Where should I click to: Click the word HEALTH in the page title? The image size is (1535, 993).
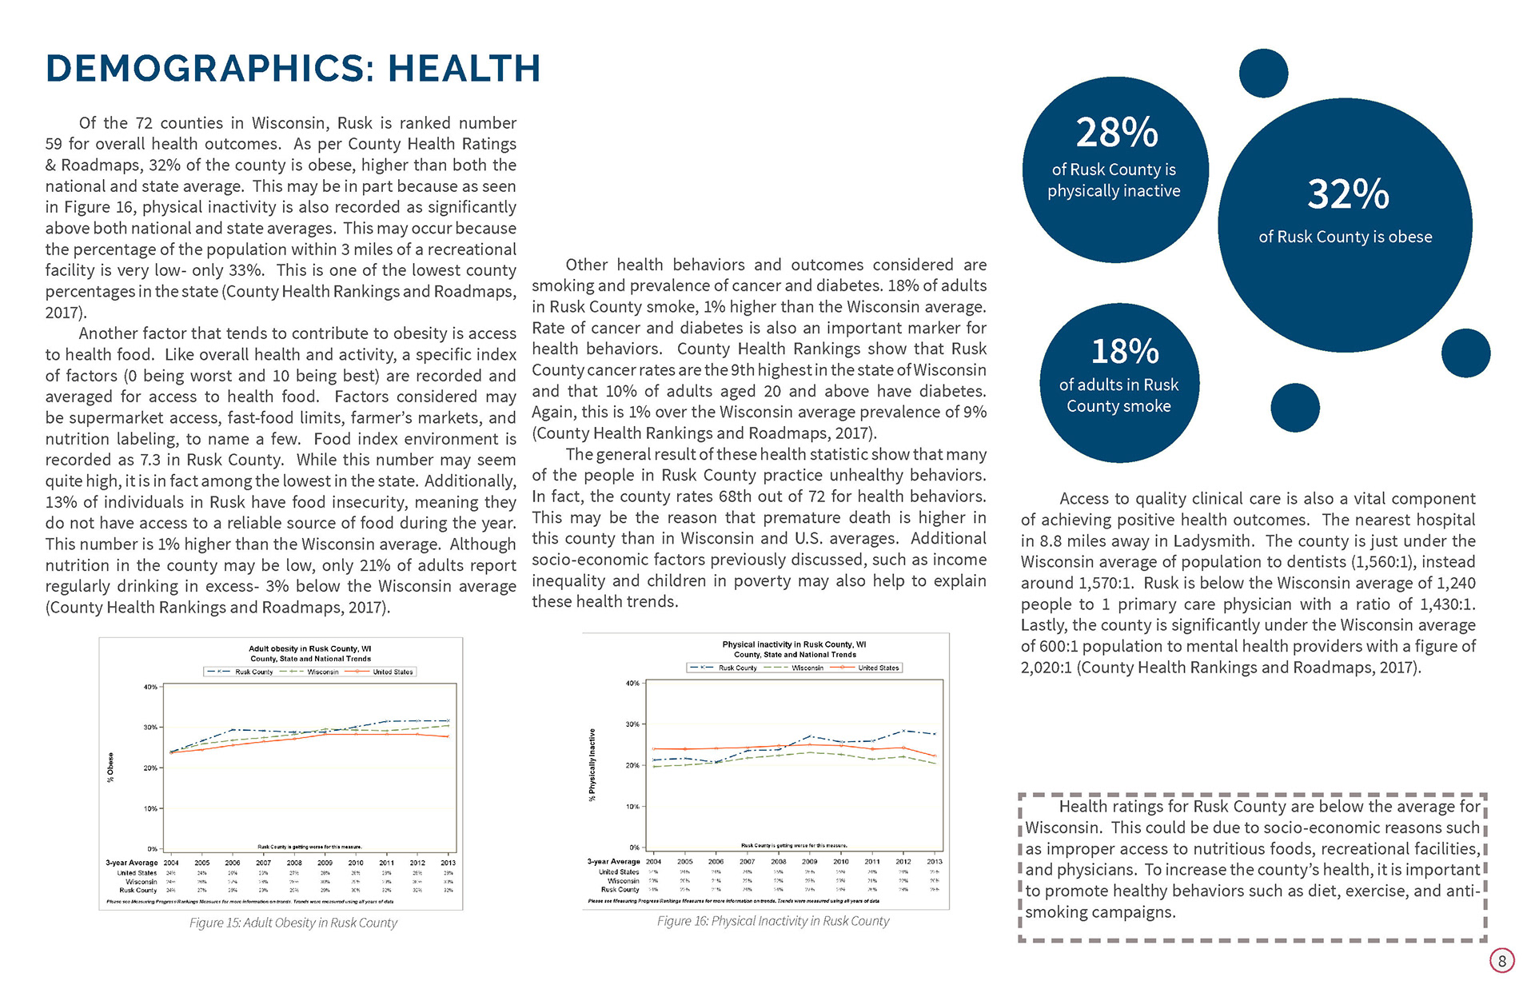coord(464,69)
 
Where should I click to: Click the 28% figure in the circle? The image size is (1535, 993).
coord(1116,133)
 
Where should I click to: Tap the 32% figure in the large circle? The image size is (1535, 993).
coord(1348,194)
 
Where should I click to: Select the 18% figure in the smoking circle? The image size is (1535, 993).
coord(1125,352)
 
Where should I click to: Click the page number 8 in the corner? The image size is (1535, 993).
coord(1501,961)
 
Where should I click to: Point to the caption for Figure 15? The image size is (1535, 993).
coord(293,923)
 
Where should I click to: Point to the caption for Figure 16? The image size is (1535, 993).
coord(772,921)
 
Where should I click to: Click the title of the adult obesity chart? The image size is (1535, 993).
coord(309,649)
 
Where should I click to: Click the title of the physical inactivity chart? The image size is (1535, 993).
coord(794,644)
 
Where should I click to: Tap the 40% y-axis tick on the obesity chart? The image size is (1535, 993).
coord(150,687)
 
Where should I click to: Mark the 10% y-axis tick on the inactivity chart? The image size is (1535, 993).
coord(632,807)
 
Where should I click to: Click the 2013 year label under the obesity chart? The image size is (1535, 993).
coord(448,863)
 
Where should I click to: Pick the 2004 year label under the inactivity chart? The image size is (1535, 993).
coord(653,862)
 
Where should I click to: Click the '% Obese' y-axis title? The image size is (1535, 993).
coord(110,768)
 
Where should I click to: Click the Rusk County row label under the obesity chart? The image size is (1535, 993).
coord(138,891)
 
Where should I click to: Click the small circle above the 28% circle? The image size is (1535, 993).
coord(1263,74)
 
